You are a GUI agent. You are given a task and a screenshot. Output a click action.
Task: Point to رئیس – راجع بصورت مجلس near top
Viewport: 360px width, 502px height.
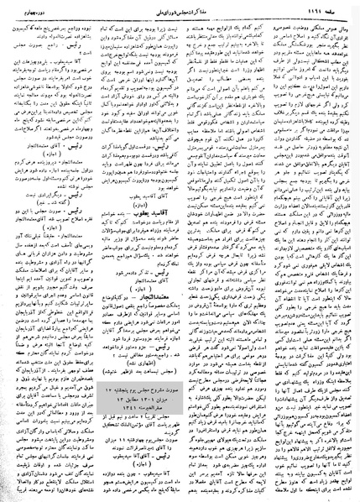coord(71,49)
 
